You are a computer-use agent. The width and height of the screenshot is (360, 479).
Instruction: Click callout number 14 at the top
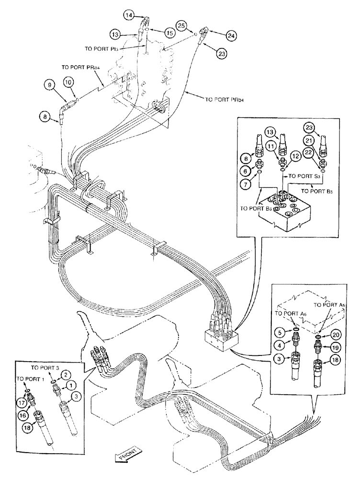click(129, 16)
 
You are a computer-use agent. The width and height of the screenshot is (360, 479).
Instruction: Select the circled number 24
click(231, 35)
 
